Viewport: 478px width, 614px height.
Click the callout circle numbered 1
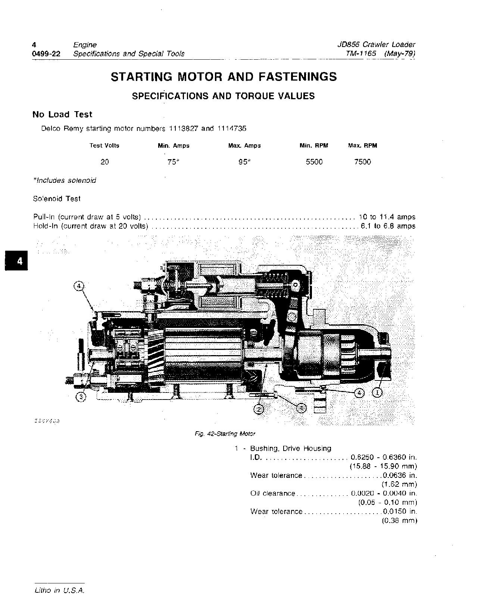click(377, 392)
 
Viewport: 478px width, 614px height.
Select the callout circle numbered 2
click(259, 409)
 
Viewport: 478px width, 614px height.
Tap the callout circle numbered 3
click(81, 397)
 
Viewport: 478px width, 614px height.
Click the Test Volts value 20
click(104, 162)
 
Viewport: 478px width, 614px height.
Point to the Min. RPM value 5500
click(314, 162)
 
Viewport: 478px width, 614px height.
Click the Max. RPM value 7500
click(362, 162)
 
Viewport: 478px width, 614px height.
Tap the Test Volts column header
click(104, 145)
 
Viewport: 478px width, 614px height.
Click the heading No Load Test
click(62, 115)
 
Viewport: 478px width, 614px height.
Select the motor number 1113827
click(183, 129)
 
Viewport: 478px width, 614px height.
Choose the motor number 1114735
click(231, 129)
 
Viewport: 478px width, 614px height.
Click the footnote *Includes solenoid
click(65, 181)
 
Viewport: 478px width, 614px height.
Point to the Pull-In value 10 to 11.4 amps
click(387, 217)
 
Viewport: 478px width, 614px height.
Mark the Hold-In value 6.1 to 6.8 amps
click(388, 226)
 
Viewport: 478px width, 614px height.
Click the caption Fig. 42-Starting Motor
click(225, 434)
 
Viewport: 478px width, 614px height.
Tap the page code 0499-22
click(46, 54)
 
